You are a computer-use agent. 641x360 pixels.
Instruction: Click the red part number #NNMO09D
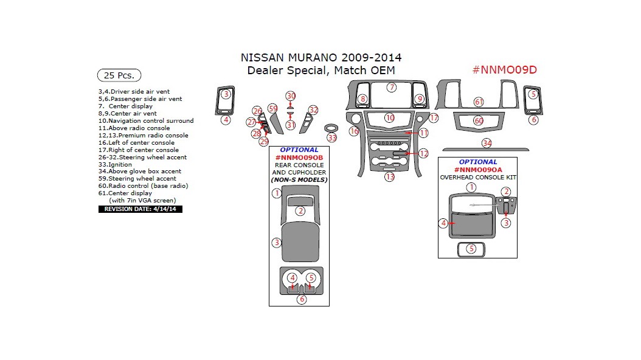(x=504, y=69)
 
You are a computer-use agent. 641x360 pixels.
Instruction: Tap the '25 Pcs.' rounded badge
(x=119, y=75)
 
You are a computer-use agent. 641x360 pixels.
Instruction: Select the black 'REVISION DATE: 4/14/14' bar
(x=140, y=209)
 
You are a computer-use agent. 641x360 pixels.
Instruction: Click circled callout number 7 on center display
(x=392, y=88)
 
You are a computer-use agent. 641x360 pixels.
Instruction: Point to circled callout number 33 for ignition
(x=331, y=137)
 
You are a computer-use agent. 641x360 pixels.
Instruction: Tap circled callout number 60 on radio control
(x=479, y=121)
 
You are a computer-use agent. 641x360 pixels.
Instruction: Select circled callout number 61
(x=479, y=102)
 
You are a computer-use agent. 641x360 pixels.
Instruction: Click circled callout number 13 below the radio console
(x=389, y=177)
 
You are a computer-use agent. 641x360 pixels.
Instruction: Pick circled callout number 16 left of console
(x=354, y=131)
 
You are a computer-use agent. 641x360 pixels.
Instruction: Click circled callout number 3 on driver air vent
(x=226, y=94)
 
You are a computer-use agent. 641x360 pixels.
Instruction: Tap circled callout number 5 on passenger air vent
(x=533, y=94)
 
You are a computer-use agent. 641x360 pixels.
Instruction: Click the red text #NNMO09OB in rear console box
(x=299, y=157)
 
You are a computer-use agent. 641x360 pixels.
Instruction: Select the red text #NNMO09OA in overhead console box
(x=477, y=170)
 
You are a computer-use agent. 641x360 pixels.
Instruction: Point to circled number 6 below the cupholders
(x=302, y=299)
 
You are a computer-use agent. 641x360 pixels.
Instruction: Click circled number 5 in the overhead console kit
(x=471, y=248)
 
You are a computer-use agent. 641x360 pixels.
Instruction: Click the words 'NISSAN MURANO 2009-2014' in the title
(x=321, y=58)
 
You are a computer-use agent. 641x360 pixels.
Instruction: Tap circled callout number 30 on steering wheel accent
(x=291, y=96)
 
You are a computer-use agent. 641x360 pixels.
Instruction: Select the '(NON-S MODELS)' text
(x=299, y=179)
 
